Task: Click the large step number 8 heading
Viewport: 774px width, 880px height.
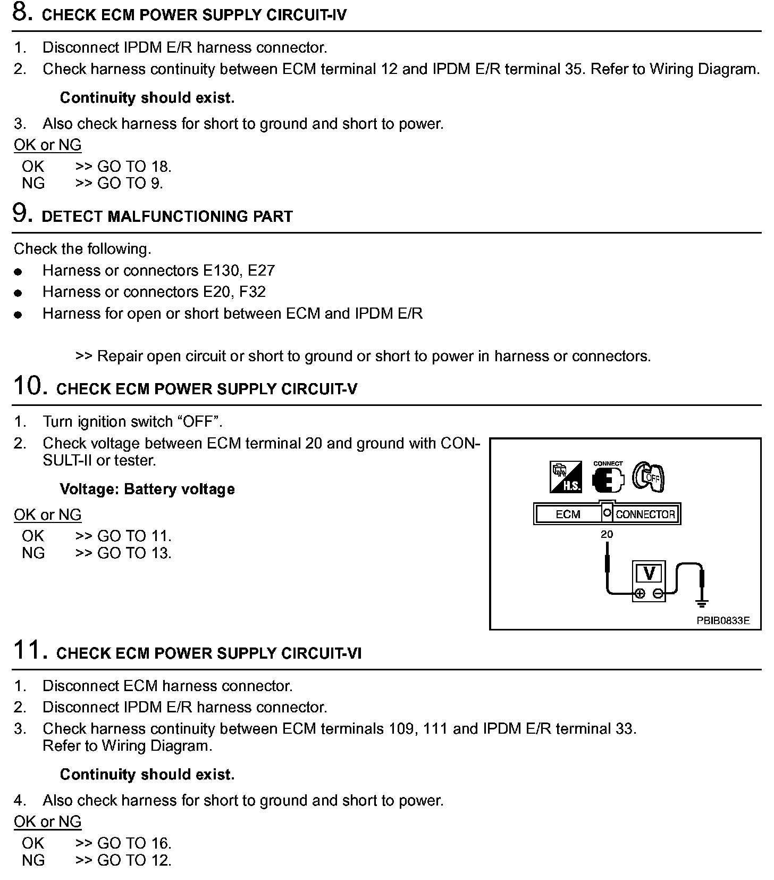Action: [x=21, y=12]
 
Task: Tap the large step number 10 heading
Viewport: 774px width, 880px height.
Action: [x=27, y=386]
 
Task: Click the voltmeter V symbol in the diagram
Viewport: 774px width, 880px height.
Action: [x=649, y=574]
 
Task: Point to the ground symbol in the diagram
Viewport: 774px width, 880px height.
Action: [x=702, y=603]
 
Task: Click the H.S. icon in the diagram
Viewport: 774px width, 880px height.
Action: [x=566, y=477]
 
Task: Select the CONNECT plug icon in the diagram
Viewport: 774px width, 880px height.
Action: [x=608, y=476]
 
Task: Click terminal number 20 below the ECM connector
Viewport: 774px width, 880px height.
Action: [x=607, y=534]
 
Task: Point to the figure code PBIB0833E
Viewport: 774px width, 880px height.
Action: [x=723, y=620]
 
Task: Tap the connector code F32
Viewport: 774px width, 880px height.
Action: [x=253, y=292]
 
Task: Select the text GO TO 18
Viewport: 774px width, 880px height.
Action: [x=134, y=167]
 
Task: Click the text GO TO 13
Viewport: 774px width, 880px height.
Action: [x=134, y=553]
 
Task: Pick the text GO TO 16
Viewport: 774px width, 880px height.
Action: [x=134, y=843]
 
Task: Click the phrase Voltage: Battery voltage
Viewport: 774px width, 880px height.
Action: [x=147, y=489]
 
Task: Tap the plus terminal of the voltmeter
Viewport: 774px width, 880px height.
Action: [x=640, y=594]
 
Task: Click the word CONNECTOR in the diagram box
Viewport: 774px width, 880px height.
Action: [x=645, y=514]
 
